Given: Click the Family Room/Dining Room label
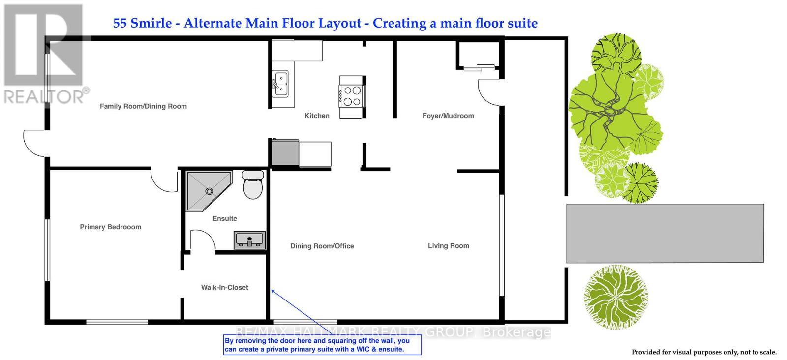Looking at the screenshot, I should click(143, 106).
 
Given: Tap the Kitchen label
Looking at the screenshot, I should click(317, 116).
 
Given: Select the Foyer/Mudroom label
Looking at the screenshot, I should click(448, 116).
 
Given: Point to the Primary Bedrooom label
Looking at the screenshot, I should click(111, 227).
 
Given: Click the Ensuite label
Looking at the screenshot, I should click(225, 219).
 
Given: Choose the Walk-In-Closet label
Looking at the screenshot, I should click(225, 288).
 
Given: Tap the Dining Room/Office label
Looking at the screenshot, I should click(322, 246).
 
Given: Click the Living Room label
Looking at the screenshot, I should click(448, 246).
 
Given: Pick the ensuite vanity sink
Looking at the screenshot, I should click(249, 240).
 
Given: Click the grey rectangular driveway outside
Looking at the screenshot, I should click(665, 233).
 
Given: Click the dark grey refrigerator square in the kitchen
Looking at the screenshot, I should click(285, 153).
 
